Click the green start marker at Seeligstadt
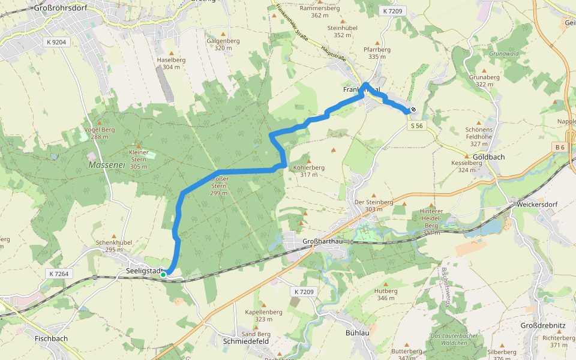[163, 275]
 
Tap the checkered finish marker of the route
[413, 109]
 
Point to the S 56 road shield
[416, 125]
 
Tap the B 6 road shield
[560, 147]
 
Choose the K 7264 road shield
[59, 274]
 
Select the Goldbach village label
[489, 157]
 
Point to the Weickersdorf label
[537, 204]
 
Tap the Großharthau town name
[322, 242]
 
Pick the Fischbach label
[51, 338]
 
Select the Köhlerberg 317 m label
[308, 171]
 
